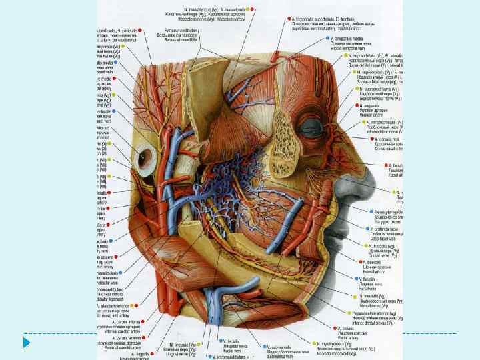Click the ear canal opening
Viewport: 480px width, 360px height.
click(146, 158)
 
